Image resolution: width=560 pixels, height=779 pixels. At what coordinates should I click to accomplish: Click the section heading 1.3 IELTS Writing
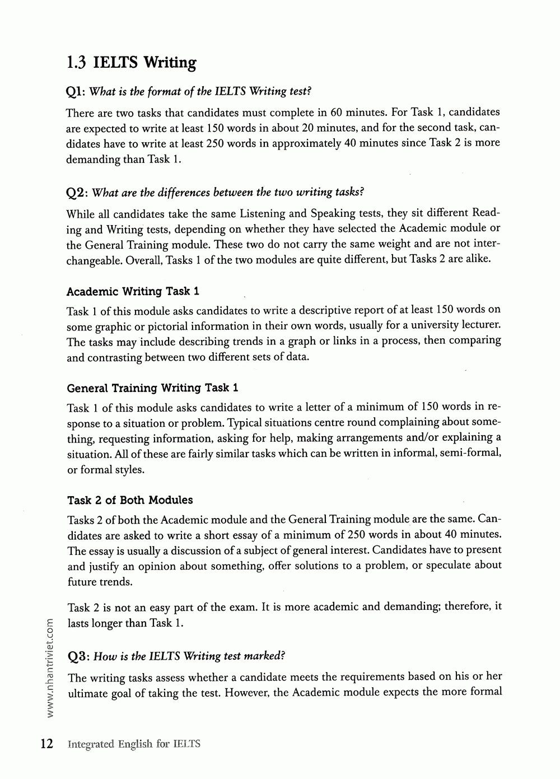click(x=131, y=62)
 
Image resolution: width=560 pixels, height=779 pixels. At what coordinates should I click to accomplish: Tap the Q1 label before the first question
click(x=76, y=91)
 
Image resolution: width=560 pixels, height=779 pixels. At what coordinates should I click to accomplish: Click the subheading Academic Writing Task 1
click(x=133, y=291)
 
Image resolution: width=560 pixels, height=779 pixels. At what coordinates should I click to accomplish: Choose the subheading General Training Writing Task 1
click(x=153, y=388)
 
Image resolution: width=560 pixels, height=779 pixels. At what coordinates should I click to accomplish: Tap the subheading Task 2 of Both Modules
click(x=130, y=500)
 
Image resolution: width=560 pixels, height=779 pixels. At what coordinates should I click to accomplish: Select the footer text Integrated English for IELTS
click(x=133, y=744)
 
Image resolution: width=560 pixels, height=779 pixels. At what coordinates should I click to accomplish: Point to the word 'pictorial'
click(x=164, y=326)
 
